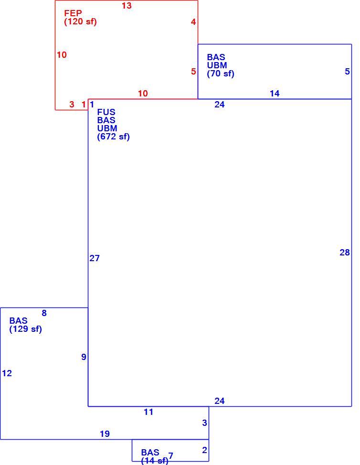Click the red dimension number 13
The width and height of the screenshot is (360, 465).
[x=127, y=6]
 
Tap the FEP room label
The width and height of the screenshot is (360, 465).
[x=73, y=13]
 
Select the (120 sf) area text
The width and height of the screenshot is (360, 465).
[x=80, y=21]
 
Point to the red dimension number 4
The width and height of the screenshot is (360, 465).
[x=193, y=22]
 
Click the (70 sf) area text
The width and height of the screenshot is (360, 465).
[x=221, y=74]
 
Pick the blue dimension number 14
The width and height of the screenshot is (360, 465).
[x=275, y=94]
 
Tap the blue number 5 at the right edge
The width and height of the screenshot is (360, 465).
[x=347, y=72]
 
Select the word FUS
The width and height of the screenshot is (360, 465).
[x=106, y=112]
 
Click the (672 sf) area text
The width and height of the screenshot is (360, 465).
[x=114, y=137]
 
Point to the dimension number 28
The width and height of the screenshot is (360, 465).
[x=345, y=253]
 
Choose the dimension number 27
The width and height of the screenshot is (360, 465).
[x=95, y=258]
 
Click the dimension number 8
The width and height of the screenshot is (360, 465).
[x=44, y=313]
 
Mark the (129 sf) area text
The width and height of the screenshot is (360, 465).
[x=25, y=329]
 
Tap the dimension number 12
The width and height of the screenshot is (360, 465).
[x=7, y=373]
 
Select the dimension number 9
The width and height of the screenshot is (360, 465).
[x=84, y=357]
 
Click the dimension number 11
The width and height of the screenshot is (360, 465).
[x=148, y=412]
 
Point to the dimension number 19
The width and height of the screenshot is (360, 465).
[x=105, y=434]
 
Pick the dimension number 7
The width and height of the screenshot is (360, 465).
[x=170, y=455]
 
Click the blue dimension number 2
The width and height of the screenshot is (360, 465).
[x=204, y=450]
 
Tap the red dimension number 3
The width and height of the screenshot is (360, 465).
[x=72, y=105]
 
